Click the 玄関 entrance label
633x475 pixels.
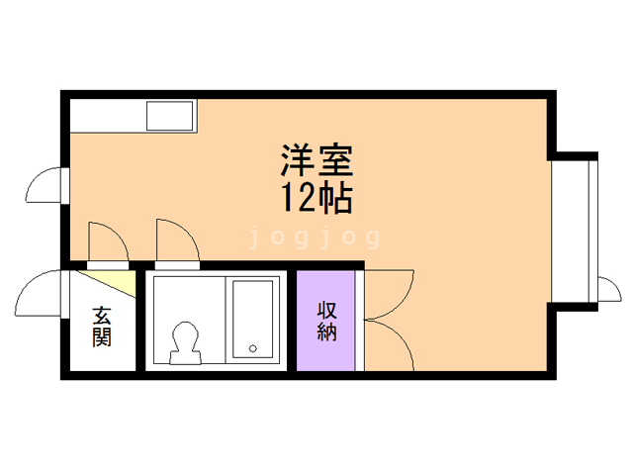pos(102,328)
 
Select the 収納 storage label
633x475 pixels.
pos(326,319)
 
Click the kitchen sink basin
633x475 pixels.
pos(171,117)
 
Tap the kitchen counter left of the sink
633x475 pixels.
pos(107,117)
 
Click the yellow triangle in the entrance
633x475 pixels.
pos(120,283)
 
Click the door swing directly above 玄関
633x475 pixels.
pos(107,242)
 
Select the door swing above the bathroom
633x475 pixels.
pos(176,242)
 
